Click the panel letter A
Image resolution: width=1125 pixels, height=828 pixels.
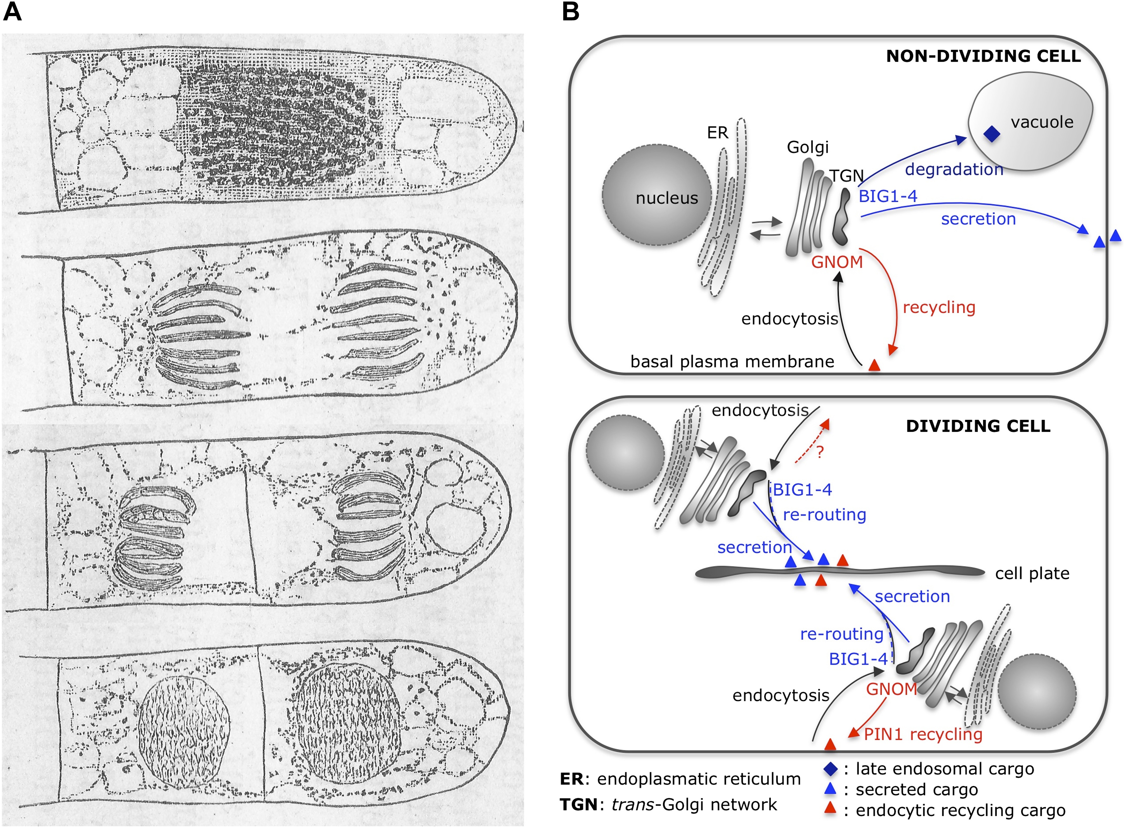12,11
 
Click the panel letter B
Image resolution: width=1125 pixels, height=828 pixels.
570,11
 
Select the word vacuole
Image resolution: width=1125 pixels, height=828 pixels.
1042,122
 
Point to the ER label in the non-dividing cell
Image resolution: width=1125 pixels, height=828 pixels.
718,133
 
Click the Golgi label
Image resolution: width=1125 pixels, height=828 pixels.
808,147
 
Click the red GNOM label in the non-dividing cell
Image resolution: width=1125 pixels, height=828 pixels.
837,262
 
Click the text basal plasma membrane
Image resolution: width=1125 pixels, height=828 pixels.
732,361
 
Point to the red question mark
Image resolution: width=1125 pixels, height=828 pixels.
820,452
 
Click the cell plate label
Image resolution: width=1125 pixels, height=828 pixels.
1032,573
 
